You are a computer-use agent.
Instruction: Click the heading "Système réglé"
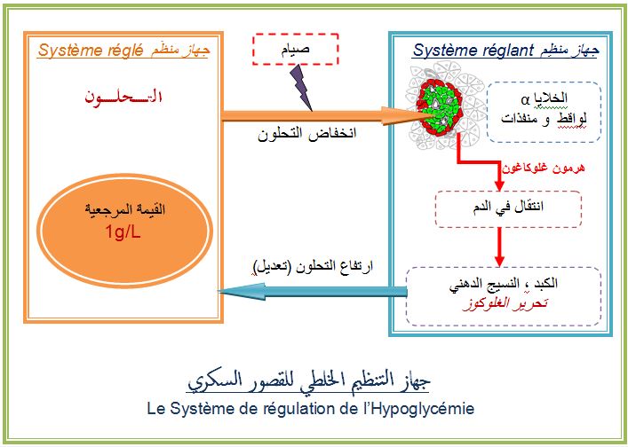pyautogui.click(x=91, y=51)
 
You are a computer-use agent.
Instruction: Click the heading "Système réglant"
pyautogui.click(x=473, y=51)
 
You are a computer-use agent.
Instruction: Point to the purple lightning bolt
pyautogui.click(x=300, y=88)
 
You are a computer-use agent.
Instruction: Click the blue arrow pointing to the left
pyautogui.click(x=313, y=292)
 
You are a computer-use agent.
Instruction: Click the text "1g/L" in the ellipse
pyautogui.click(x=123, y=231)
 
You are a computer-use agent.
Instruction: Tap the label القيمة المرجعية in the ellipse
pyautogui.click(x=124, y=209)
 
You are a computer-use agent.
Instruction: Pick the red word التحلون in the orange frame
pyautogui.click(x=123, y=97)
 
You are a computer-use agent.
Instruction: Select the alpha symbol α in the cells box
pyautogui.click(x=526, y=98)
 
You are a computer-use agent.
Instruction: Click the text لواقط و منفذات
pyautogui.click(x=544, y=119)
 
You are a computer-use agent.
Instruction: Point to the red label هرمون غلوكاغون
pyautogui.click(x=544, y=167)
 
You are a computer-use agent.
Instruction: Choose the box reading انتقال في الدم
pyautogui.click(x=508, y=209)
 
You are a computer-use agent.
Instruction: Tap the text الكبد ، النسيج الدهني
pyautogui.click(x=504, y=284)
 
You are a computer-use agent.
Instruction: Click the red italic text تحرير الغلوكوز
pyautogui.click(x=505, y=303)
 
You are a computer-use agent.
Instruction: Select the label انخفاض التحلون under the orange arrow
pyautogui.click(x=306, y=133)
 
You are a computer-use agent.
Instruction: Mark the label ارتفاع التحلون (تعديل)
pyautogui.click(x=313, y=266)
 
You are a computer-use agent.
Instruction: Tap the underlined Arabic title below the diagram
pyautogui.click(x=309, y=380)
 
